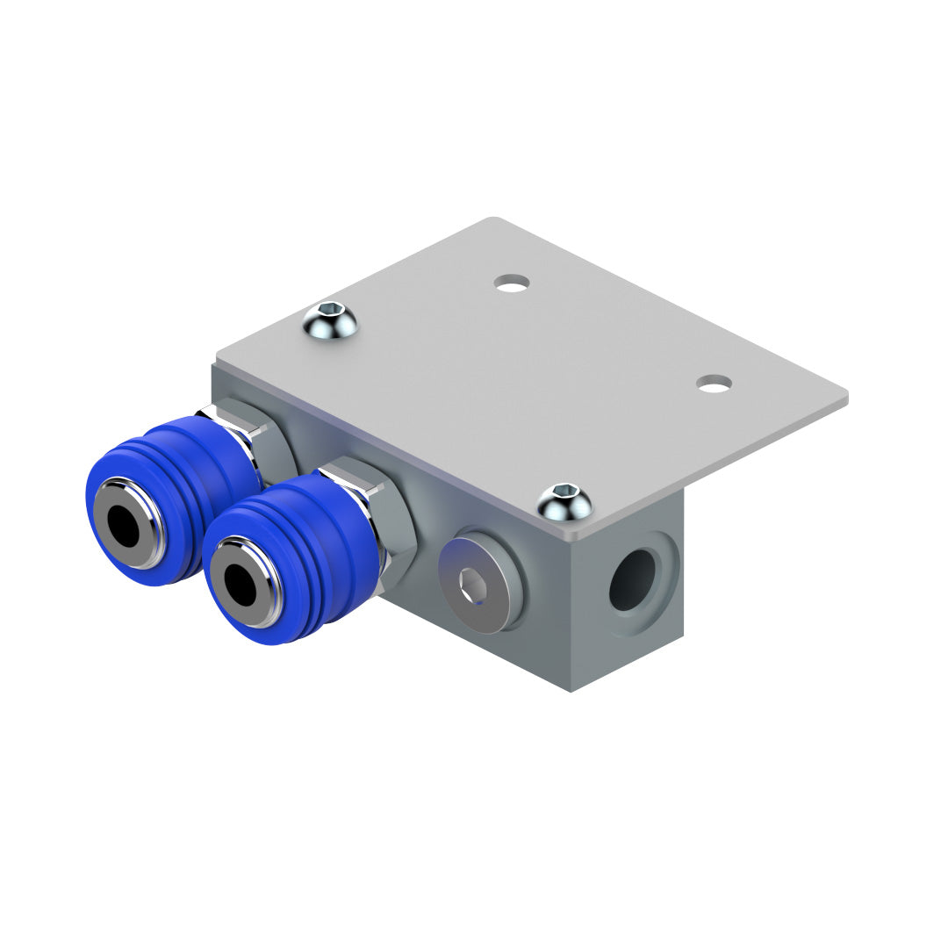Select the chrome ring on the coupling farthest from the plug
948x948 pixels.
145,544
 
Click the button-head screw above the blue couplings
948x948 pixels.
330,321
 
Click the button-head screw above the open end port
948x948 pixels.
564,502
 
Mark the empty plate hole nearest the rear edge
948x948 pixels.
512,283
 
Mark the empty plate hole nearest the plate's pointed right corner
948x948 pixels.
715,383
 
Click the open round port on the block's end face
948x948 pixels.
634,580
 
